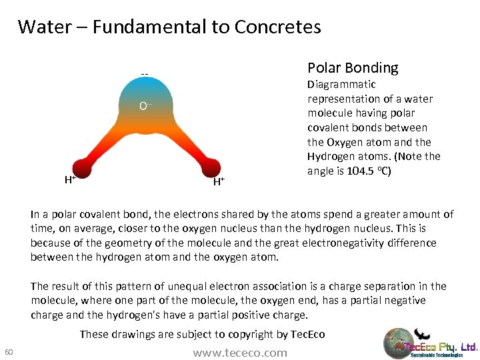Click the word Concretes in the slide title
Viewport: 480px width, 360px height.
pos(278,27)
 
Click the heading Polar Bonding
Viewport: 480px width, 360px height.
pos(353,68)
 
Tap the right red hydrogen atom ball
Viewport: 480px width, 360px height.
pos(210,167)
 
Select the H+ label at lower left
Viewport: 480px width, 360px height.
pos(69,179)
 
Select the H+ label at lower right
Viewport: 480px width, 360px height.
pos(218,181)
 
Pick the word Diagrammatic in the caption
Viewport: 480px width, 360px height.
pos(341,85)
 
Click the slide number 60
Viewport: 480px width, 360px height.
pos(9,353)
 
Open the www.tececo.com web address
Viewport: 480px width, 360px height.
pos(240,353)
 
